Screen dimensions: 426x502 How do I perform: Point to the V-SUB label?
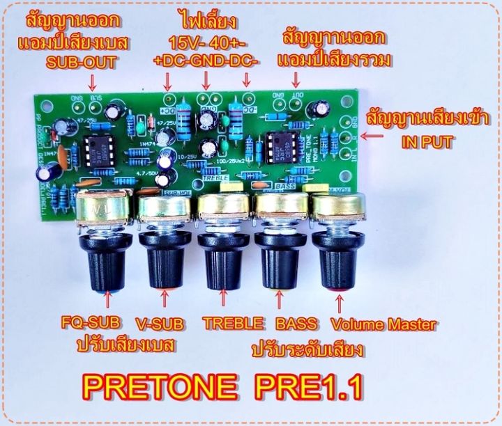pyautogui.click(x=166, y=323)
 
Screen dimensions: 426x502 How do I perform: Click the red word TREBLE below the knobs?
pyautogui.click(x=233, y=323)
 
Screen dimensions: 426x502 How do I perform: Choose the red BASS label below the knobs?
pyautogui.click(x=295, y=323)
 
